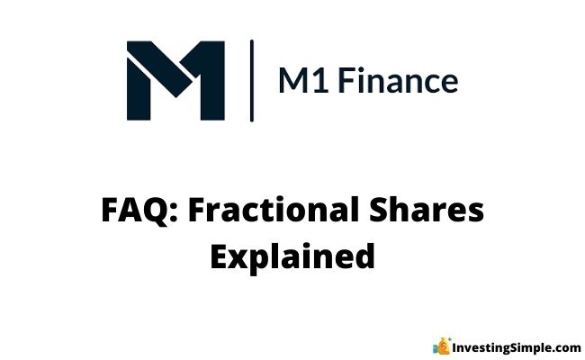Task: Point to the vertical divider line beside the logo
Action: tap(252, 81)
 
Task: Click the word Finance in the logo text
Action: tap(398, 81)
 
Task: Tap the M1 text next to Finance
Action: tap(303, 81)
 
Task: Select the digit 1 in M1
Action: tap(322, 81)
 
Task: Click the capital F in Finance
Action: tap(346, 80)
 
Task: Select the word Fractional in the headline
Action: tap(274, 210)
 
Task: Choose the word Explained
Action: tap(292, 257)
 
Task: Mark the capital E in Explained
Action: tap(219, 256)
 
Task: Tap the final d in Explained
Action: tap(364, 256)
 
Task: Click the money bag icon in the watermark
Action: tap(443, 346)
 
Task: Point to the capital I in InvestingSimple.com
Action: tap(454, 347)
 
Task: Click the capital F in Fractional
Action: tap(197, 211)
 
